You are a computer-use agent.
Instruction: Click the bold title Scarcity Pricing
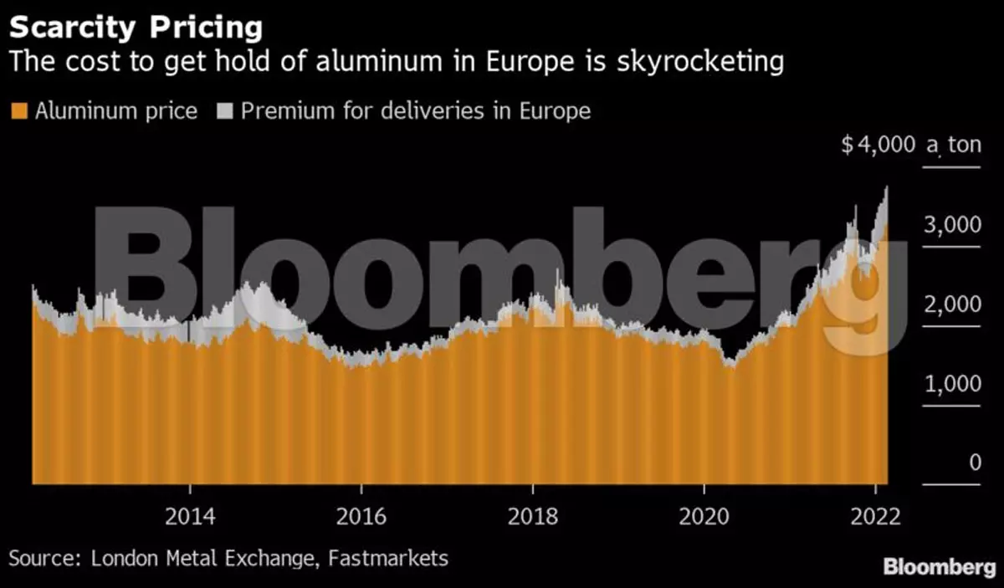(136, 27)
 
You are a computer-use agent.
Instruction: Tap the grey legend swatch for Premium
(224, 111)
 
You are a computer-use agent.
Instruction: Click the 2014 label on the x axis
(190, 516)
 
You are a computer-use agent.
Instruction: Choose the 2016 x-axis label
(361, 516)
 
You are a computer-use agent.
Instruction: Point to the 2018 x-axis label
(533, 516)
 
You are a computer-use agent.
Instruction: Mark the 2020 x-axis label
(704, 516)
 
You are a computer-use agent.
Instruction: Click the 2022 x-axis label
(874, 516)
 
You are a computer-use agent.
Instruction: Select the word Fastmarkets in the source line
(385, 558)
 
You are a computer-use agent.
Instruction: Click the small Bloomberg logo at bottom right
(940, 567)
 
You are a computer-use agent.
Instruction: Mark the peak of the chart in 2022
(885, 188)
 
